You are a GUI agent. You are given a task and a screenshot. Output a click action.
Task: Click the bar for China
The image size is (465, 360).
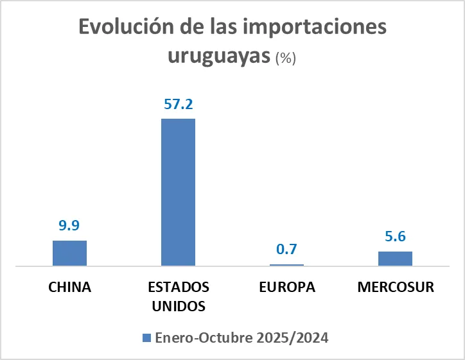pyautogui.click(x=69, y=253)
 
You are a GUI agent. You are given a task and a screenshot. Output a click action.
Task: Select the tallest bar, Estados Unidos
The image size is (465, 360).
pyautogui.click(x=178, y=192)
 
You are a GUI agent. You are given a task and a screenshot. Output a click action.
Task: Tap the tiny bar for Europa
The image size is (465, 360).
pyautogui.click(x=286, y=264)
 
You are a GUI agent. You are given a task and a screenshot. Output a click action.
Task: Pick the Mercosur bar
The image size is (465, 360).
pyautogui.click(x=395, y=258)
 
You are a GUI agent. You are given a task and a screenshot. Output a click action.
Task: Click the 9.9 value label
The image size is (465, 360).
pyautogui.click(x=69, y=226)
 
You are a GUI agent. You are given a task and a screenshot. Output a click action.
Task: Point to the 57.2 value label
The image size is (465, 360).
pyautogui.click(x=178, y=103)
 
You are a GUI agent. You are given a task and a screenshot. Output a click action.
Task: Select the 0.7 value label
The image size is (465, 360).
pyautogui.click(x=286, y=249)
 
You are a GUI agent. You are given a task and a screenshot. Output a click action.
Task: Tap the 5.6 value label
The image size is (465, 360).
pyautogui.click(x=395, y=236)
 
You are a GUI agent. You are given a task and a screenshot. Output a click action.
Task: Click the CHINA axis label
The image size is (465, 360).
pyautogui.click(x=69, y=287)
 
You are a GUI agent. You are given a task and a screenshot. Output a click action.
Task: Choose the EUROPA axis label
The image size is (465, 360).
pyautogui.click(x=287, y=287)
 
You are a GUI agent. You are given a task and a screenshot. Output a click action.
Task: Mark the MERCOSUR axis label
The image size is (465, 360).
pyautogui.click(x=396, y=287)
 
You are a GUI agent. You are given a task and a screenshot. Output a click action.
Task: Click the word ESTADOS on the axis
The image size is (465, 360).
pyautogui.click(x=179, y=287)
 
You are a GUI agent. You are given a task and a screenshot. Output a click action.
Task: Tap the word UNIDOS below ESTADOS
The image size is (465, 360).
pyautogui.click(x=179, y=305)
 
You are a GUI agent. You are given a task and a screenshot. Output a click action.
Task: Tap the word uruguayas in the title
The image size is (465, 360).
pyautogui.click(x=218, y=56)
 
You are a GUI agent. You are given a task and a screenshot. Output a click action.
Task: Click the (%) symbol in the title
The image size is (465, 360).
pyautogui.click(x=285, y=58)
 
